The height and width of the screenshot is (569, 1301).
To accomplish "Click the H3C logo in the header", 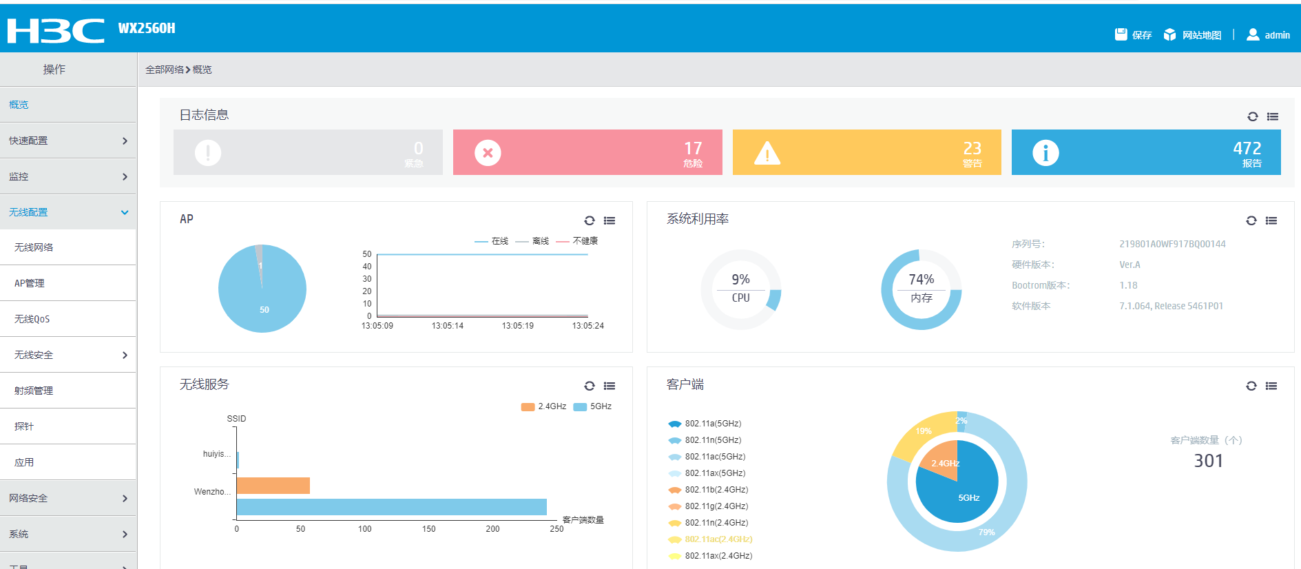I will coord(56,30).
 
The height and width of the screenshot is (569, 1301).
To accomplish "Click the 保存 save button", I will coord(1133,35).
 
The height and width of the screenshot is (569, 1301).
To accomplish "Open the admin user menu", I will coord(1268,35).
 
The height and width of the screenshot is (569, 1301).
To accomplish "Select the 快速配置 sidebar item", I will coord(67,141).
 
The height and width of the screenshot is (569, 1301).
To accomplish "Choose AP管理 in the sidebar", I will coord(67,283).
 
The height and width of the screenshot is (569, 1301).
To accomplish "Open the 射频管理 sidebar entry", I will coord(67,391).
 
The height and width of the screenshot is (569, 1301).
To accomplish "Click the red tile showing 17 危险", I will coord(587,152).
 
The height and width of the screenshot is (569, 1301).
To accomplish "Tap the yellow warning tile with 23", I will coord(866,152).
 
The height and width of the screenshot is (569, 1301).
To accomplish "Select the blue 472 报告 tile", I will coord(1145,152).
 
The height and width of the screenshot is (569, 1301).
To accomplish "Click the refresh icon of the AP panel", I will coord(589,220).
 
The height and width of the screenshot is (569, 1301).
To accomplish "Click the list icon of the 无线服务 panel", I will coord(610,386).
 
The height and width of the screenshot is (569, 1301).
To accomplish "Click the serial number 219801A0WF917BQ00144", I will coord(1172,244).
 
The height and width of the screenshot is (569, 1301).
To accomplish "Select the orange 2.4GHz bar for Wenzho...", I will coord(273,486).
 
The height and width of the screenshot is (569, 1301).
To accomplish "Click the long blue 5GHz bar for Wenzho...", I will coord(391,507).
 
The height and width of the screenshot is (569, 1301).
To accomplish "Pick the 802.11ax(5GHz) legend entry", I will coord(714,473).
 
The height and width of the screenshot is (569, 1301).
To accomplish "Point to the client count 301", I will coord(1208,461).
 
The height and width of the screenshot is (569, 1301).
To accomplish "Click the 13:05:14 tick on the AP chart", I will coord(448,326).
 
